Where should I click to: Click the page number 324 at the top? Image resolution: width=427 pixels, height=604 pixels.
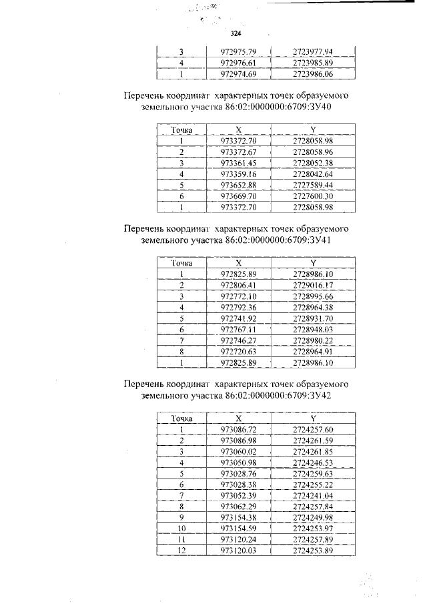pos(235,33)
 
